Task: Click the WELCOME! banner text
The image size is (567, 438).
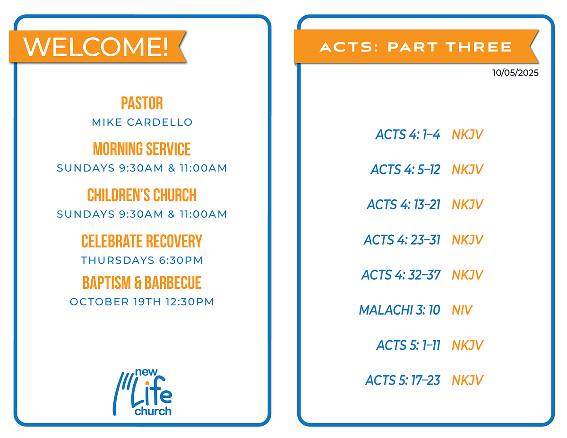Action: [96, 47]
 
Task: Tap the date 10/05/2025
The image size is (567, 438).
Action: [515, 72]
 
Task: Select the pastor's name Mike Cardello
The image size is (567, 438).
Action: [142, 122]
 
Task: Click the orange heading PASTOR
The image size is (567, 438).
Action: [142, 103]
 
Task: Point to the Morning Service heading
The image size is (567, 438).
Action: [142, 149]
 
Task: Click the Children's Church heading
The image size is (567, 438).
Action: [142, 195]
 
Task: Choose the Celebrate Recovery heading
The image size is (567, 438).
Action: [142, 241]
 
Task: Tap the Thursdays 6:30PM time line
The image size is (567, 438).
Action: [142, 260]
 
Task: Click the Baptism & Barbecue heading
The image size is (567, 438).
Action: [142, 283]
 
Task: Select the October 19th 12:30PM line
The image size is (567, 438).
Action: [142, 302]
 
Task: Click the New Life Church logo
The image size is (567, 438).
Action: [143, 392]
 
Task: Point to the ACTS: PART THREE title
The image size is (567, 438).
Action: [416, 47]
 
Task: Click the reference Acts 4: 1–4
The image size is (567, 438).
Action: [408, 135]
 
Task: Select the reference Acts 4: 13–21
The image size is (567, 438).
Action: [404, 205]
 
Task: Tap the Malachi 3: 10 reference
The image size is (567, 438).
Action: [400, 310]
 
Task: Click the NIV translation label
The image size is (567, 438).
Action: [462, 310]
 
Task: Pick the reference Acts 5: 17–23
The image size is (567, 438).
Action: [403, 380]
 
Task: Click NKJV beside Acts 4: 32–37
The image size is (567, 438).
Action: [468, 275]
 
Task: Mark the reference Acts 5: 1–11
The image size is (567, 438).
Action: [408, 345]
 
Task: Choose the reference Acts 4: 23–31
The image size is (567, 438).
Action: [402, 240]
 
